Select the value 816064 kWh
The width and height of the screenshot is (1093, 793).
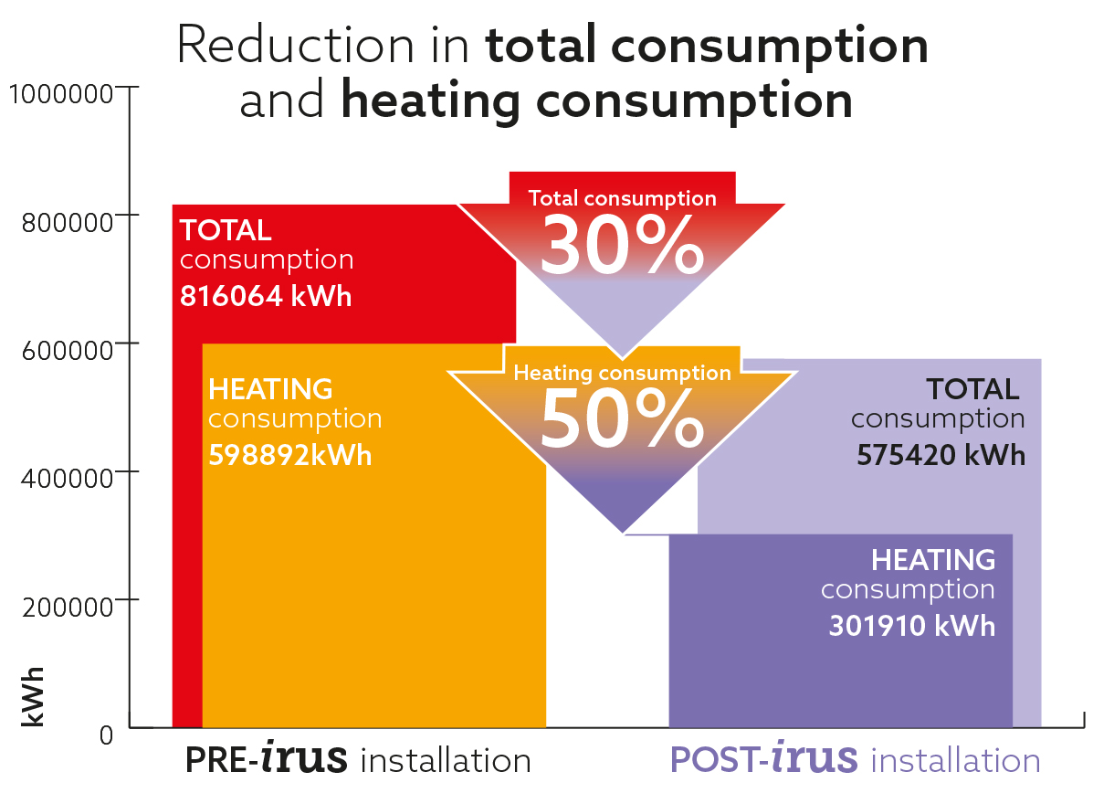point(266,298)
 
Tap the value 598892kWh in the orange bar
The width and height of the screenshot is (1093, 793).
point(290,455)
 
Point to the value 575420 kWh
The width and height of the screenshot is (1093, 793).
point(941,454)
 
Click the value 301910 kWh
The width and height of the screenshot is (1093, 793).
point(911,627)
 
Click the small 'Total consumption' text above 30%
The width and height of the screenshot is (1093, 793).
point(623,198)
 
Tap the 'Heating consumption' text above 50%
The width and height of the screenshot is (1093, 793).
point(623,373)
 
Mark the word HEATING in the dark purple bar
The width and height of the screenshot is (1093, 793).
point(933,559)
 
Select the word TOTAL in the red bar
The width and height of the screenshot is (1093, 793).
point(226,229)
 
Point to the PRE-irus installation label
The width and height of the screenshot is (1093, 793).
point(358,760)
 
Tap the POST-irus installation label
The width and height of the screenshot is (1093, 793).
point(856,760)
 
